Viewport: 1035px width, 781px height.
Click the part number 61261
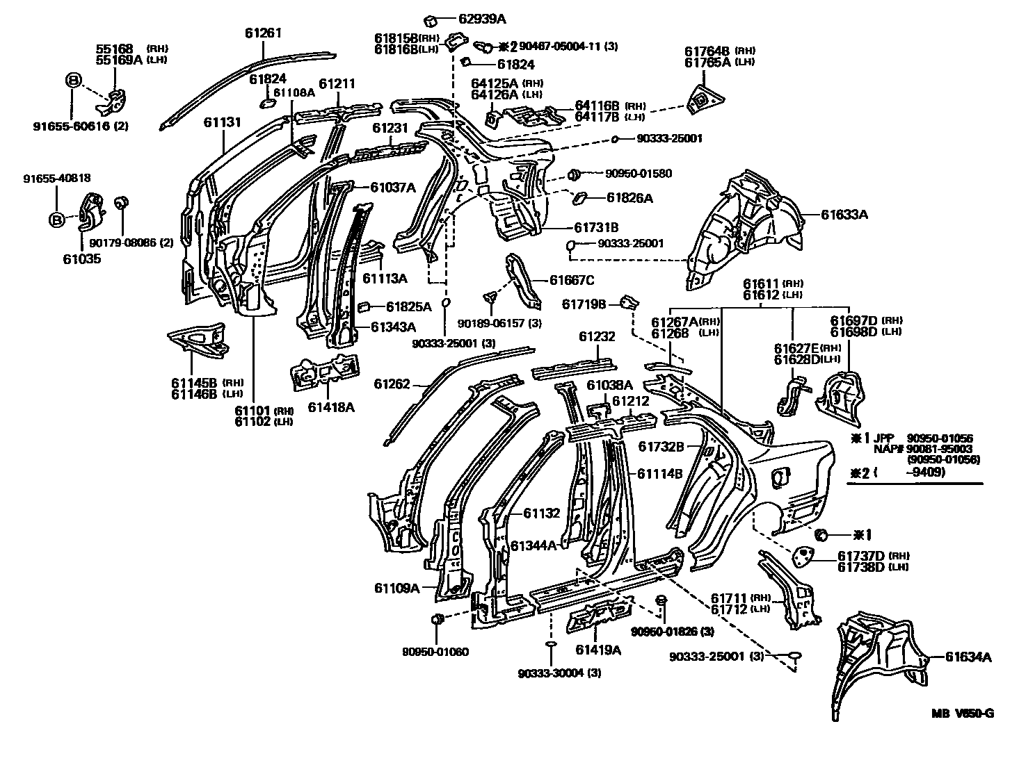click(x=264, y=33)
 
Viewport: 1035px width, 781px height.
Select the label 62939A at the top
click(x=481, y=18)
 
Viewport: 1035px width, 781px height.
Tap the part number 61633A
click(x=844, y=215)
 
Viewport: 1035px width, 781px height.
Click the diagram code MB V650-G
click(x=963, y=714)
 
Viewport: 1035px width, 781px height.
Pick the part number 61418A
click(x=331, y=407)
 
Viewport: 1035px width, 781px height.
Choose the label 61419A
click(x=598, y=650)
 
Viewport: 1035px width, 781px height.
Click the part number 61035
click(x=81, y=258)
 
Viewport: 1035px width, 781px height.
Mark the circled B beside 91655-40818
click(x=56, y=220)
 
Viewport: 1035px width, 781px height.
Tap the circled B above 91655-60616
click(x=73, y=81)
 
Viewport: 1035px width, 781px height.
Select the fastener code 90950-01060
click(x=435, y=652)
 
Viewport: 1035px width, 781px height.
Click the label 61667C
click(x=572, y=280)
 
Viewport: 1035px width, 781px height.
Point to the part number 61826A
click(x=629, y=198)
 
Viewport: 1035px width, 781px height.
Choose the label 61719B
click(x=584, y=304)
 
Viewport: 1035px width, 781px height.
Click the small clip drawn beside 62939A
click(x=430, y=18)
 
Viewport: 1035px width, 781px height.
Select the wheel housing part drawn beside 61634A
click(x=880, y=653)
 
